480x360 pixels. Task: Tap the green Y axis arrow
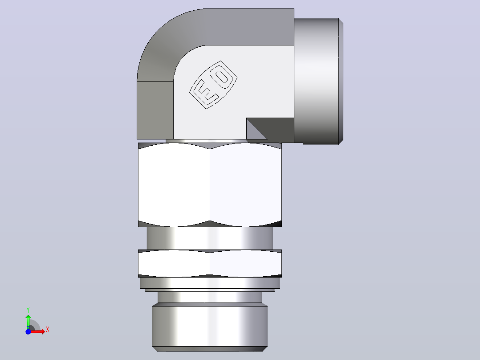(28, 321)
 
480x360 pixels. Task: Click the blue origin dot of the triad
(28, 331)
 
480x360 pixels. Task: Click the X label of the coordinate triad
(48, 330)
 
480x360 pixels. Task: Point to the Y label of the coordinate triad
(28, 310)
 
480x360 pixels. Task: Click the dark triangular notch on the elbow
(256, 128)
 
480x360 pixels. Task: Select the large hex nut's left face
(174, 185)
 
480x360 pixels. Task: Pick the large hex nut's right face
(246, 185)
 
